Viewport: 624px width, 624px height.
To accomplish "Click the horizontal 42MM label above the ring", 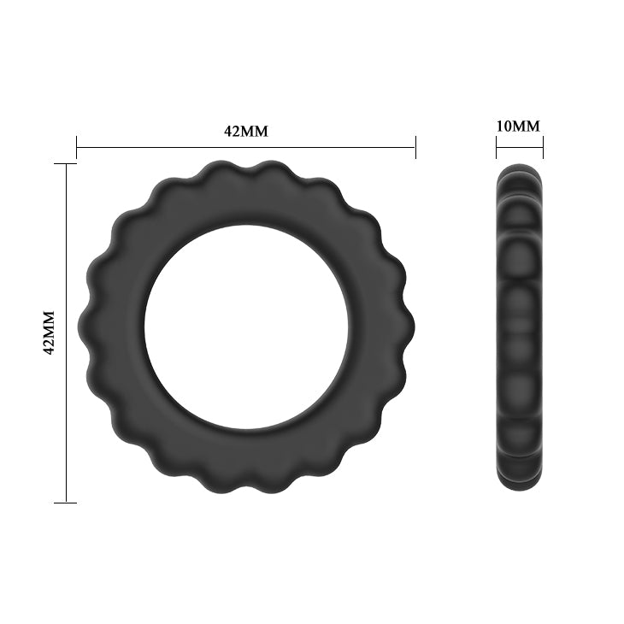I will [246, 131].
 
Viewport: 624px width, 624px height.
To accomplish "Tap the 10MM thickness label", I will [519, 126].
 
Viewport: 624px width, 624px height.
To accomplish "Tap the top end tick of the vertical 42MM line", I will [66, 163].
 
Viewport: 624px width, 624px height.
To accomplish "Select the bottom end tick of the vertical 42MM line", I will [66, 502].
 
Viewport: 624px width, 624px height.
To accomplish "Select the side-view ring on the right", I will [519, 327].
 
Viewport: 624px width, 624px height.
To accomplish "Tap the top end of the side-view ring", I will [519, 168].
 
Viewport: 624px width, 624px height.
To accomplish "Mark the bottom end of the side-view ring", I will [519, 486].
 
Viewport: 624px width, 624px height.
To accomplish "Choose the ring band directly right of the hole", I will [380, 327].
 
